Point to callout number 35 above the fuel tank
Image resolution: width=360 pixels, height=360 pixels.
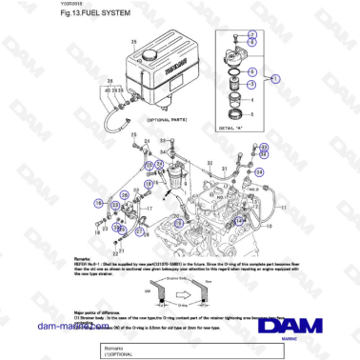[133, 42]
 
